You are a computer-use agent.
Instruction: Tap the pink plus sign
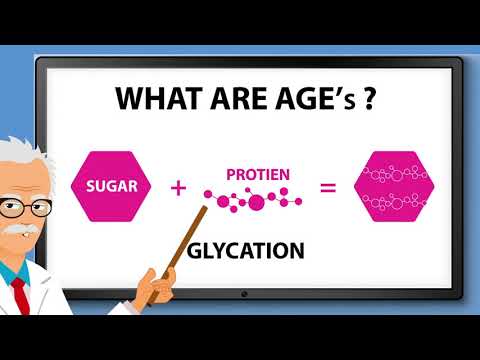[x=180, y=187]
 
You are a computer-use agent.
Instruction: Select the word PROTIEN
[x=257, y=174]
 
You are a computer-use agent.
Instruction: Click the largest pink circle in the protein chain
[x=256, y=203]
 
